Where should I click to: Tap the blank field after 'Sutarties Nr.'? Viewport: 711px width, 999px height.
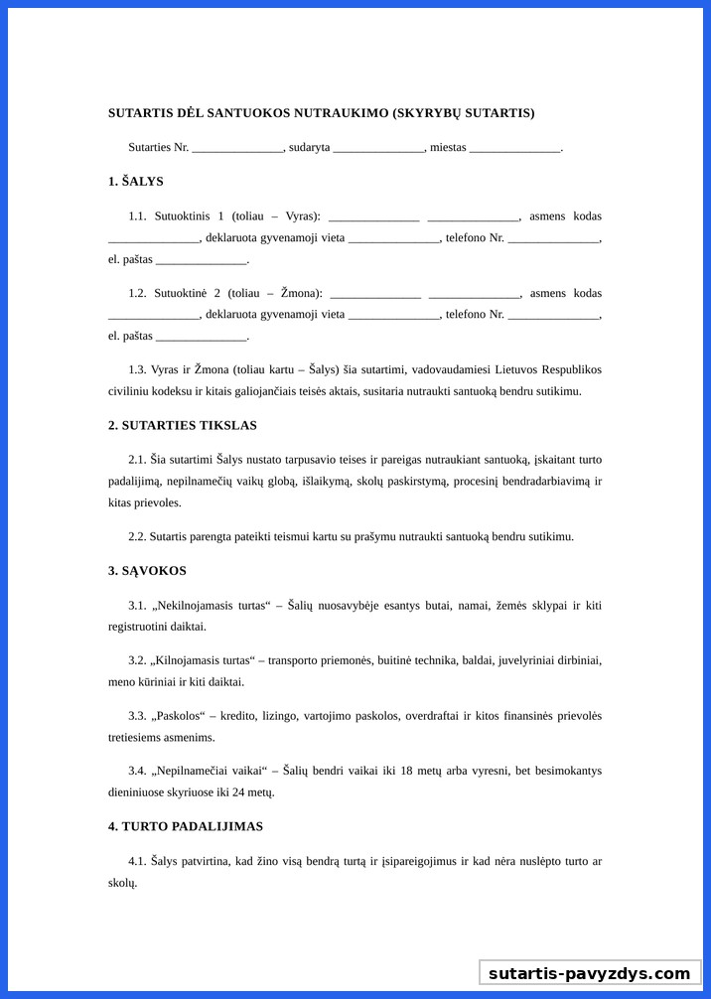[237, 148]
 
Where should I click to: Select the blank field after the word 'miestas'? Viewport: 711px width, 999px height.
[514, 148]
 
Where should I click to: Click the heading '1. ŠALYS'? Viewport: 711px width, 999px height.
[136, 182]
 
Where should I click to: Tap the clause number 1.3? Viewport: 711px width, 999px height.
[137, 369]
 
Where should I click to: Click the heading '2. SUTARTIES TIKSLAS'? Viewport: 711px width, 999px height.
[183, 425]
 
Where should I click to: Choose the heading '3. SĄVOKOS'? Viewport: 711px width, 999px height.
[147, 571]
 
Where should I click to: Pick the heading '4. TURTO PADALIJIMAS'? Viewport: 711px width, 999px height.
[186, 826]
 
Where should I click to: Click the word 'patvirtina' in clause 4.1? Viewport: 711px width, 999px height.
[207, 861]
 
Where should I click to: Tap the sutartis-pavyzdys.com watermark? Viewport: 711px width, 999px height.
[589, 973]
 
